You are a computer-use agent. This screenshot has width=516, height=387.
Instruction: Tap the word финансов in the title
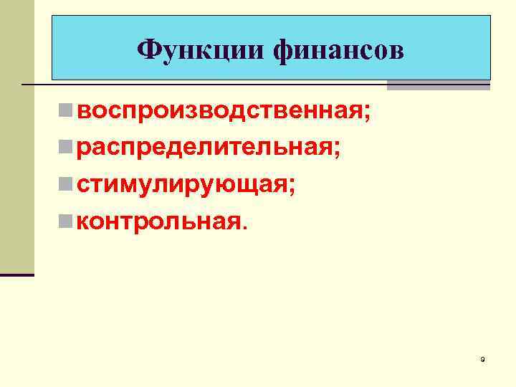pos(338,50)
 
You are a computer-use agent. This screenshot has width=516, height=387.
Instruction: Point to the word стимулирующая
pos(182,184)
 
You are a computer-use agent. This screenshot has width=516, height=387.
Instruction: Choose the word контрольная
pos(159,221)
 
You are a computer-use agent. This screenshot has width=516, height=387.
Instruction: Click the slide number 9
pos(483,358)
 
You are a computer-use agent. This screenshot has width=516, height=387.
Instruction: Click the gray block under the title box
pos(439,85)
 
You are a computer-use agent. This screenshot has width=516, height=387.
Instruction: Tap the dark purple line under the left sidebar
pos(17,274)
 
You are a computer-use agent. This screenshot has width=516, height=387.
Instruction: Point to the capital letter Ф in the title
pos(147,50)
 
